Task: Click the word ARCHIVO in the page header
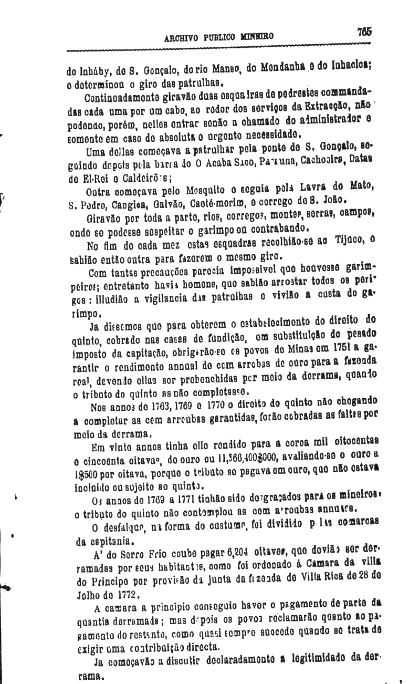[182, 37]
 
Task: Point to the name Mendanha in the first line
[289, 68]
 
